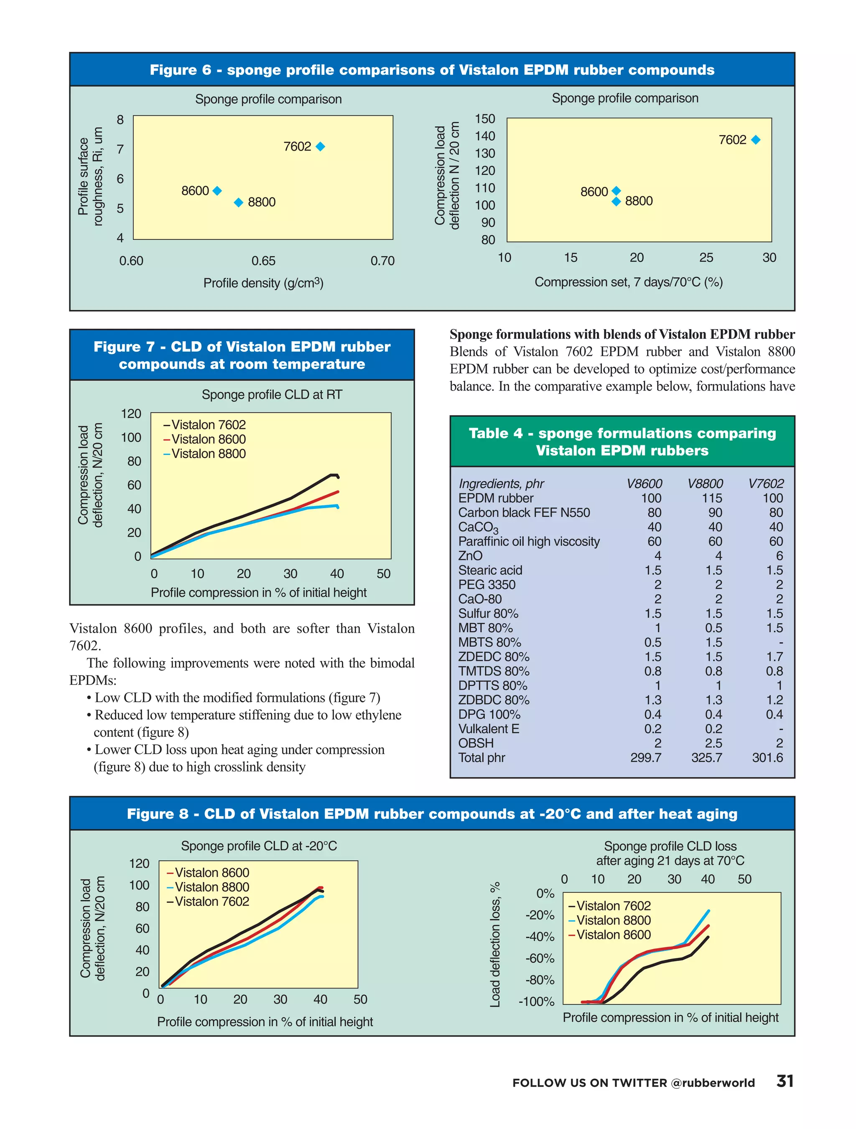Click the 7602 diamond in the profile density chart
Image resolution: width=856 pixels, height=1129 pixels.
320,146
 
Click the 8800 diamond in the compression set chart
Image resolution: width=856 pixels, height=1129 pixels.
616,202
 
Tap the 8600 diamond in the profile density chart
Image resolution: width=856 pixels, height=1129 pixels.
217,191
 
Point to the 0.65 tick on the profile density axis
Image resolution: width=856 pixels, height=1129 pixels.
263,261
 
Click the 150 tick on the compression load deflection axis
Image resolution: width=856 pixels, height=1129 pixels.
484,119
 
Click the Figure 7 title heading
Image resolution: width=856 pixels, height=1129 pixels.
242,355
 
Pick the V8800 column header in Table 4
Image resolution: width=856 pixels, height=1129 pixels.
705,483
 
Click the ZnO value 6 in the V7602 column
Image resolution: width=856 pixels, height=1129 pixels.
778,555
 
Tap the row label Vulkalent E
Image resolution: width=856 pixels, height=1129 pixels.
488,728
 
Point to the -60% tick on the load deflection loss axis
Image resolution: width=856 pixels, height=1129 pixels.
540,958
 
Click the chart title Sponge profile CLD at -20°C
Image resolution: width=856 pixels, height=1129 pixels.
259,846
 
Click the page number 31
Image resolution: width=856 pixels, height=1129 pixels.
785,1081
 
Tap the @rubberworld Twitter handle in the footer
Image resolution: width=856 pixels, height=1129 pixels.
713,1083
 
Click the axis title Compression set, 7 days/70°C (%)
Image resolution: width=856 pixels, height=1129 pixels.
628,282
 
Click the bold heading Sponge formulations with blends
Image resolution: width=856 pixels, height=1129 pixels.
622,335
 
